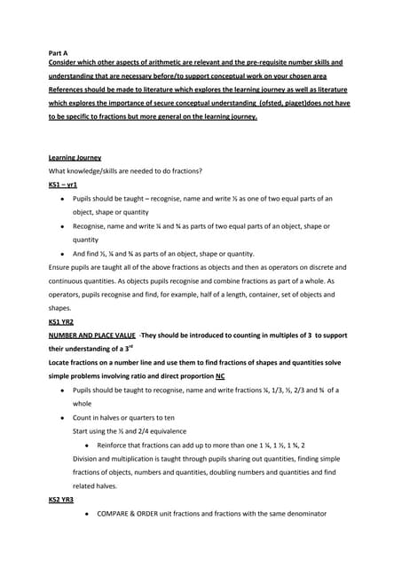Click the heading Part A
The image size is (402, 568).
[x=59, y=52]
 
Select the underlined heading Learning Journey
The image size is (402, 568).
[x=75, y=158]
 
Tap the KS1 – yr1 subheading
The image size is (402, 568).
[x=63, y=185]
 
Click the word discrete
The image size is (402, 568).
[x=325, y=266]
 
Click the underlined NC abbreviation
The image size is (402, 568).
[x=219, y=375]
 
